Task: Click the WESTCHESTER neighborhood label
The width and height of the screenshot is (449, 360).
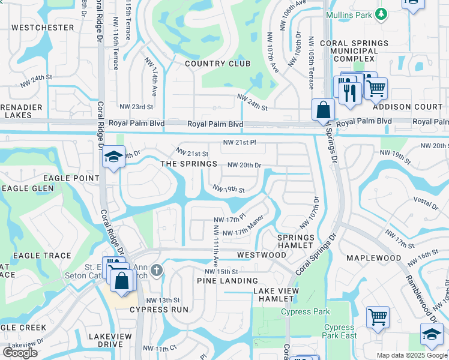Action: pos(43,28)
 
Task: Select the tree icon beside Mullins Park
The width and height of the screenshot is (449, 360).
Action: pos(380,14)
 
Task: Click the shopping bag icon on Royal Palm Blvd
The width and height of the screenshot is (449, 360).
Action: pos(323,110)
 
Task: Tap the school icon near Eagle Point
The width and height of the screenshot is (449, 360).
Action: pos(112,157)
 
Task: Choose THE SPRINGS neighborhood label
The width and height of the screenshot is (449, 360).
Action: pos(188,164)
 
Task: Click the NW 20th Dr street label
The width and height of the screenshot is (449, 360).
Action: pos(244,165)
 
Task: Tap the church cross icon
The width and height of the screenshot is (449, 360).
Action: pos(157,270)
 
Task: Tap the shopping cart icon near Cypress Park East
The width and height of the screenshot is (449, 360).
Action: pos(378,316)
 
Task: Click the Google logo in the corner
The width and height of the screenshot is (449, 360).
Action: pos(20,353)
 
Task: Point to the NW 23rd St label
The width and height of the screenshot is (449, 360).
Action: pos(136,107)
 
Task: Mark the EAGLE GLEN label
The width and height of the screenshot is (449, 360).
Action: pos(27,188)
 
